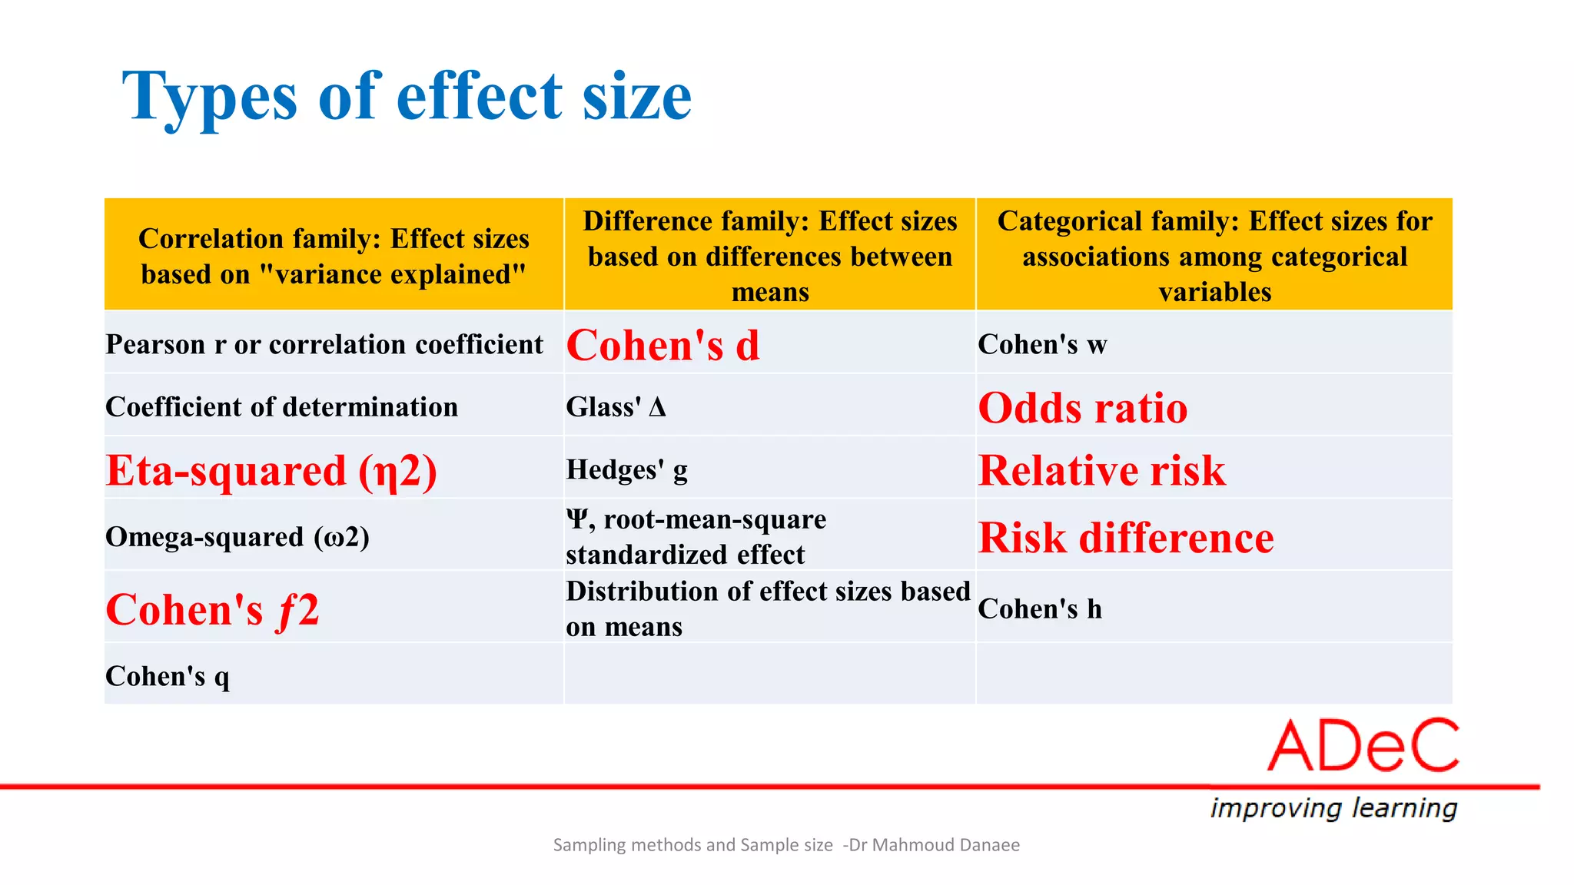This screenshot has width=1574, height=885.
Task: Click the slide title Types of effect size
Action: tap(407, 97)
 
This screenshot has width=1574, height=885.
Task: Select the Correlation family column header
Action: tap(334, 256)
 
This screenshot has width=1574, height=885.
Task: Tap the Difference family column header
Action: tap(770, 256)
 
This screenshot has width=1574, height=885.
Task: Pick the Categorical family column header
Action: tap(1214, 256)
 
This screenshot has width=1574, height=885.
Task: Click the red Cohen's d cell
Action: tap(662, 345)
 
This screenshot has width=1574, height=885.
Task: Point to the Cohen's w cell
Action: tap(1042, 344)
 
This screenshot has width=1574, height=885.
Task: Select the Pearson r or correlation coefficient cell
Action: tap(324, 344)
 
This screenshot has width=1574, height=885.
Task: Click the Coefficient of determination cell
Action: tap(281, 406)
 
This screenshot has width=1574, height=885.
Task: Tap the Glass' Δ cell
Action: tap(616, 406)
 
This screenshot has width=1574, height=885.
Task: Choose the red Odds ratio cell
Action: tap(1083, 407)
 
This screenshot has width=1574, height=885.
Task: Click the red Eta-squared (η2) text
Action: tap(271, 470)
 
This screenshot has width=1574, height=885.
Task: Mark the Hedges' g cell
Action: tap(626, 469)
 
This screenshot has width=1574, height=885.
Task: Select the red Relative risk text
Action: tap(1101, 470)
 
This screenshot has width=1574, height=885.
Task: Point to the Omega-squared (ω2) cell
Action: tap(237, 536)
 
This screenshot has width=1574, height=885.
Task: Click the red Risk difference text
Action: tap(1126, 537)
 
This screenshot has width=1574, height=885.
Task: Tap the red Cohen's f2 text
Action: tap(212, 610)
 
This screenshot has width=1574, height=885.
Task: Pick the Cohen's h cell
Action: tap(1040, 608)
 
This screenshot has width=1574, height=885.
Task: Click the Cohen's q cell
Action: tap(168, 676)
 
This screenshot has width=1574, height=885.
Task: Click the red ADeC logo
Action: tap(1363, 745)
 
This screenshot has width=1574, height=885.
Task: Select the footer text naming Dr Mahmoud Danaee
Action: tap(786, 845)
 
